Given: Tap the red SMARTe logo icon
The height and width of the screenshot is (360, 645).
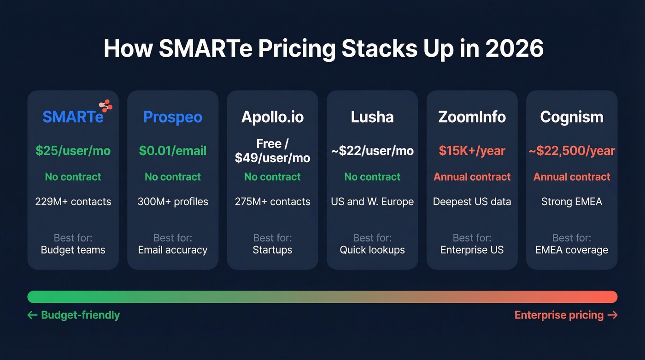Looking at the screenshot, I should pyautogui.click(x=106, y=106).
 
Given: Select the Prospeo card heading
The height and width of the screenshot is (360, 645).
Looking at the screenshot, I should pyautogui.click(x=173, y=117).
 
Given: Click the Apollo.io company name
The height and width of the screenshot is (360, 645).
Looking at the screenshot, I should pyautogui.click(x=272, y=117).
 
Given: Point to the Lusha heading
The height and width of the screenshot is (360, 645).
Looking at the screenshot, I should pyautogui.click(x=372, y=117).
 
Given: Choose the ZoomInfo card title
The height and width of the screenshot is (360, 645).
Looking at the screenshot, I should pyautogui.click(x=472, y=117).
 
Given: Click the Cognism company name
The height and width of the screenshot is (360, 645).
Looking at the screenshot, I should pyautogui.click(x=571, y=117).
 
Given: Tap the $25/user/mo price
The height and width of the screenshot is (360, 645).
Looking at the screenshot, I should pyautogui.click(x=73, y=151).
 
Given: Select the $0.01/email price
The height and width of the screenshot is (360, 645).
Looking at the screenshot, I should pyautogui.click(x=173, y=151).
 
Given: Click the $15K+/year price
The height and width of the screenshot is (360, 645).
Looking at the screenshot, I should pyautogui.click(x=472, y=151).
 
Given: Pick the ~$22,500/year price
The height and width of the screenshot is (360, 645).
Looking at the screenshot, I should pyautogui.click(x=571, y=151).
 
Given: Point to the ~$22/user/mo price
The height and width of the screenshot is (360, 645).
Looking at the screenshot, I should pyautogui.click(x=372, y=151).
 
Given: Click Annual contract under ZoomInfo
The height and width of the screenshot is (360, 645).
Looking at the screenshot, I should pyautogui.click(x=472, y=177).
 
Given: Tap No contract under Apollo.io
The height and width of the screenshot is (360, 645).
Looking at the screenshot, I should pyautogui.click(x=272, y=177).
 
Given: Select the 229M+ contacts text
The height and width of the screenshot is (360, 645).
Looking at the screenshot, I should pyautogui.click(x=73, y=201).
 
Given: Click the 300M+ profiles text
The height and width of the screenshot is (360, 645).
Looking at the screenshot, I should pyautogui.click(x=173, y=201).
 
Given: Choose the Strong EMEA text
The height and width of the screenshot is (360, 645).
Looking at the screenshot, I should pyautogui.click(x=571, y=201).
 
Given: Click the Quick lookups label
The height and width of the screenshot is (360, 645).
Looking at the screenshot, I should pyautogui.click(x=372, y=250).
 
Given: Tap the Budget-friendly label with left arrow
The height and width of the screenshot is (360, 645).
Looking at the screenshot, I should pyautogui.click(x=74, y=315).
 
